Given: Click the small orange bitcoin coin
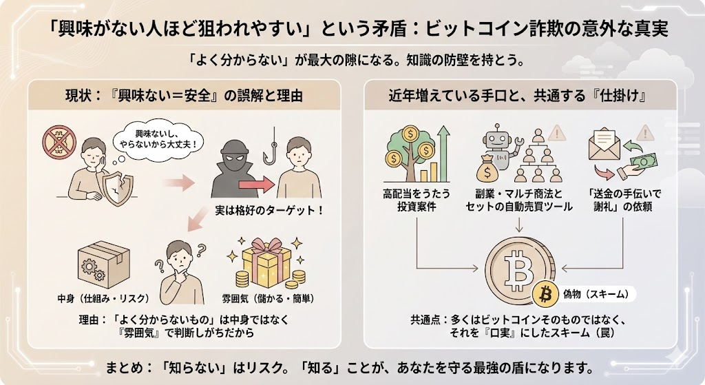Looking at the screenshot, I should point(546,295).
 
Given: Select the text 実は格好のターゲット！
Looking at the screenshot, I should point(269,210).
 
